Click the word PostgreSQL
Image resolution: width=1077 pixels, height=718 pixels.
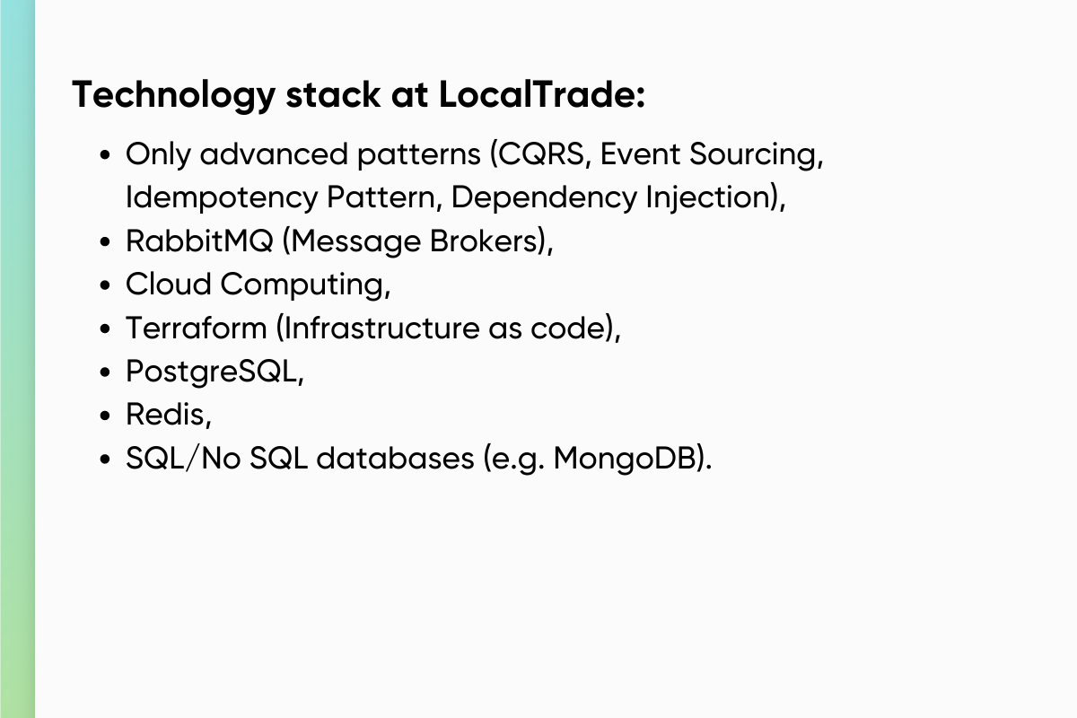(x=212, y=372)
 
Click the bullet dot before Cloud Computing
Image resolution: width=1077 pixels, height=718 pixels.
(x=106, y=285)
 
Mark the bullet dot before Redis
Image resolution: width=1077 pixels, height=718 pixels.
(x=106, y=416)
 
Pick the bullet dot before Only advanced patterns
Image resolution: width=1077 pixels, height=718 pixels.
(x=106, y=155)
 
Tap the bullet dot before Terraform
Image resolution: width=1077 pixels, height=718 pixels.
(x=106, y=328)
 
